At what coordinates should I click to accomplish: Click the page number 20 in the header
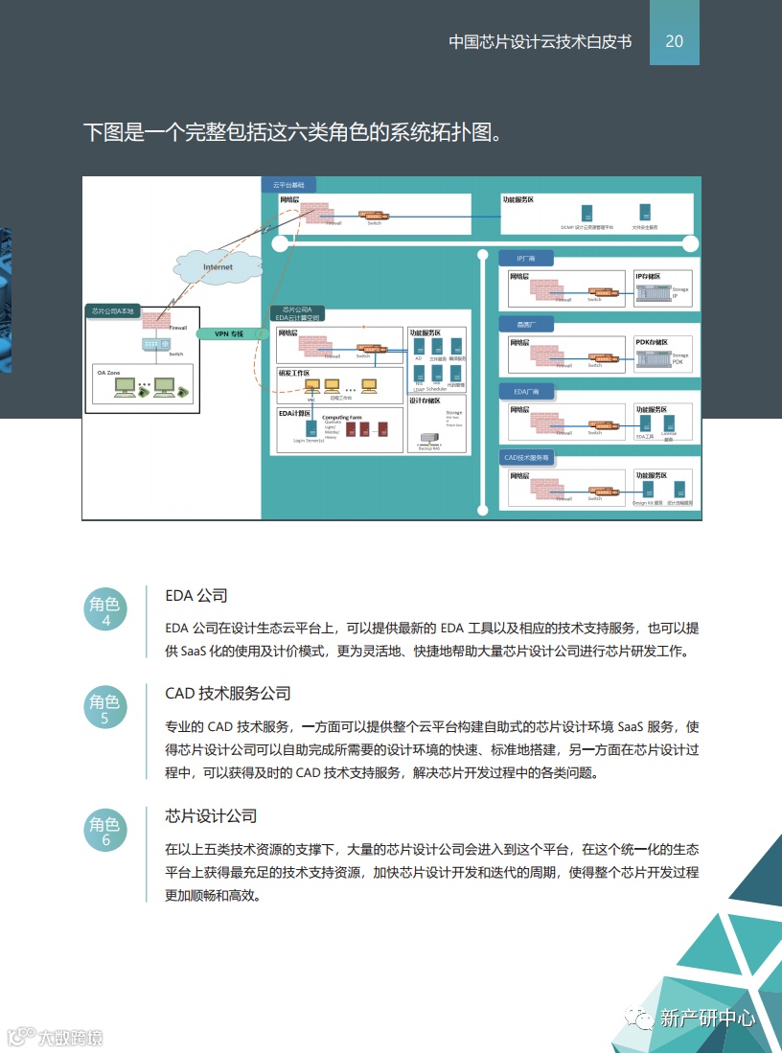pyautogui.click(x=674, y=41)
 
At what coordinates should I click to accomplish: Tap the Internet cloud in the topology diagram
pyautogui.click(x=217, y=266)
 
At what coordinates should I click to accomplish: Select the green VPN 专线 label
pyautogui.click(x=228, y=333)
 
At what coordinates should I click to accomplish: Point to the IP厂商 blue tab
pyautogui.click(x=526, y=258)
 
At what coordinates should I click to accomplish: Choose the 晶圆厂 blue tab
pyautogui.click(x=525, y=325)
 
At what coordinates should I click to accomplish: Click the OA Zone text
pyautogui.click(x=107, y=371)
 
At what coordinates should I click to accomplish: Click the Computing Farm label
pyautogui.click(x=341, y=418)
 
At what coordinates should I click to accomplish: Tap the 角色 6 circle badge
pyautogui.click(x=105, y=832)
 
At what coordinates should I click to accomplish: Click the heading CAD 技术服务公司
pyautogui.click(x=228, y=693)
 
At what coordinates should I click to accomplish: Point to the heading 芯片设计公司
pyautogui.click(x=211, y=816)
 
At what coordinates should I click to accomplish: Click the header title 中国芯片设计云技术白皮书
pyautogui.click(x=540, y=42)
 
